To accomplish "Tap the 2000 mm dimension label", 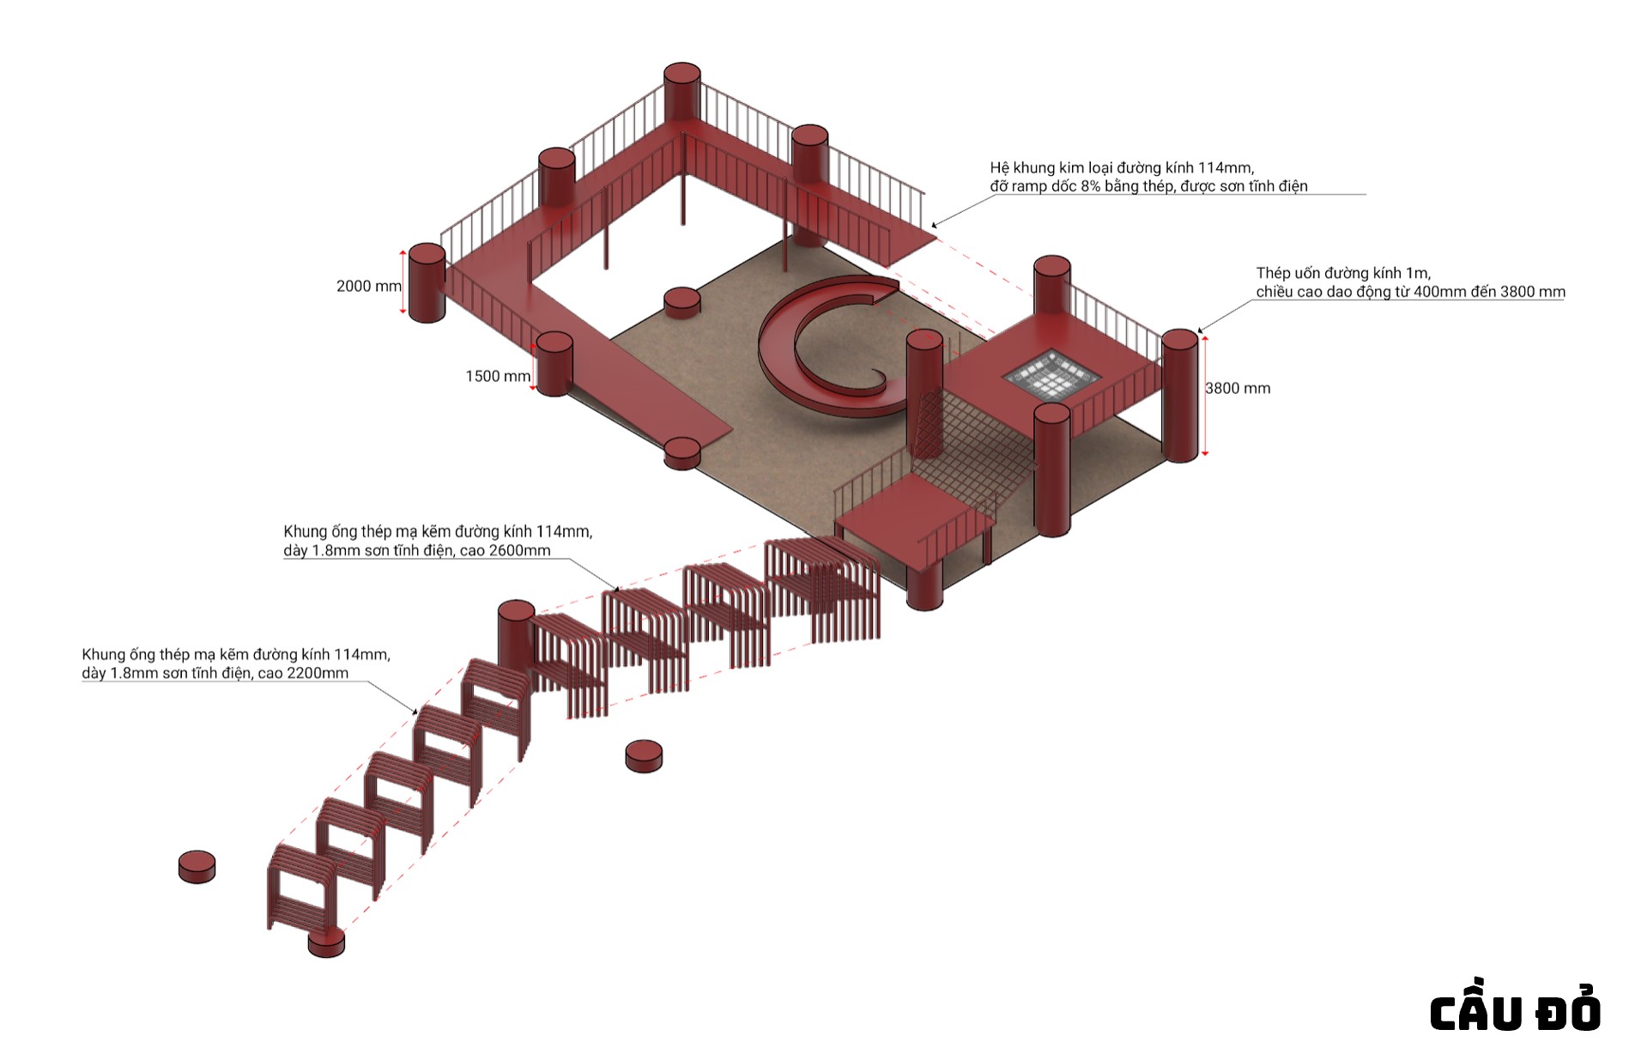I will click(x=368, y=286).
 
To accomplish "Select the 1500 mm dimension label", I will click(x=497, y=376).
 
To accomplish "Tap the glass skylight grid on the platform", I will click(x=1052, y=374).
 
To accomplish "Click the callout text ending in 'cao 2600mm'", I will click(x=438, y=541).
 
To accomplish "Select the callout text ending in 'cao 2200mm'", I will click(x=236, y=663).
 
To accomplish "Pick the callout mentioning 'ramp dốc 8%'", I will click(x=1148, y=177).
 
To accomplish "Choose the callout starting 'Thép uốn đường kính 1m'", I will click(x=1409, y=282).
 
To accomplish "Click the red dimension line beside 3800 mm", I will click(x=1206, y=395).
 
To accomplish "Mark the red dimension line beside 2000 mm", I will click(x=403, y=282).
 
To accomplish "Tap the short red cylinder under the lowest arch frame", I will click(x=326, y=942).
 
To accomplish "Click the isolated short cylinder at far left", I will click(x=197, y=866).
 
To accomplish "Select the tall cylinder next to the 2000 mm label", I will click(x=427, y=283).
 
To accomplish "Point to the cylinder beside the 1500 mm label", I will click(x=554, y=364).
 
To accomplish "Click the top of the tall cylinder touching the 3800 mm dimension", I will click(x=1179, y=339).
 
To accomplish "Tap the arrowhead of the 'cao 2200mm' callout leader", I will click(x=416, y=712).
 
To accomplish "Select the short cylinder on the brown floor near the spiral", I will click(x=682, y=303).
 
